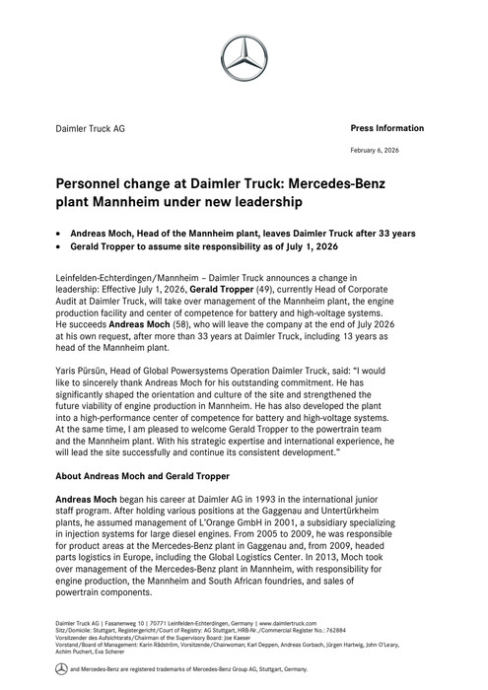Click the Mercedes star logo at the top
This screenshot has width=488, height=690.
pyautogui.click(x=244, y=59)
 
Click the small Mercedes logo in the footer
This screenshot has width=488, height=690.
pyautogui.click(x=60, y=668)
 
